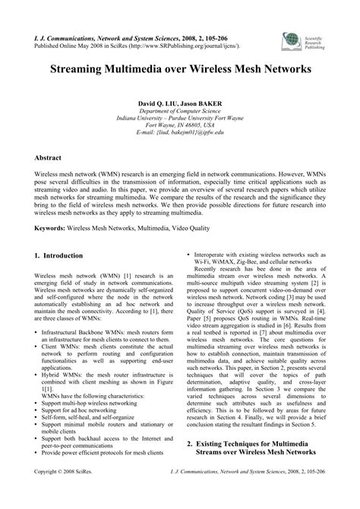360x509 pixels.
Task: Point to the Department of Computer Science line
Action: [x=180, y=110]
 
